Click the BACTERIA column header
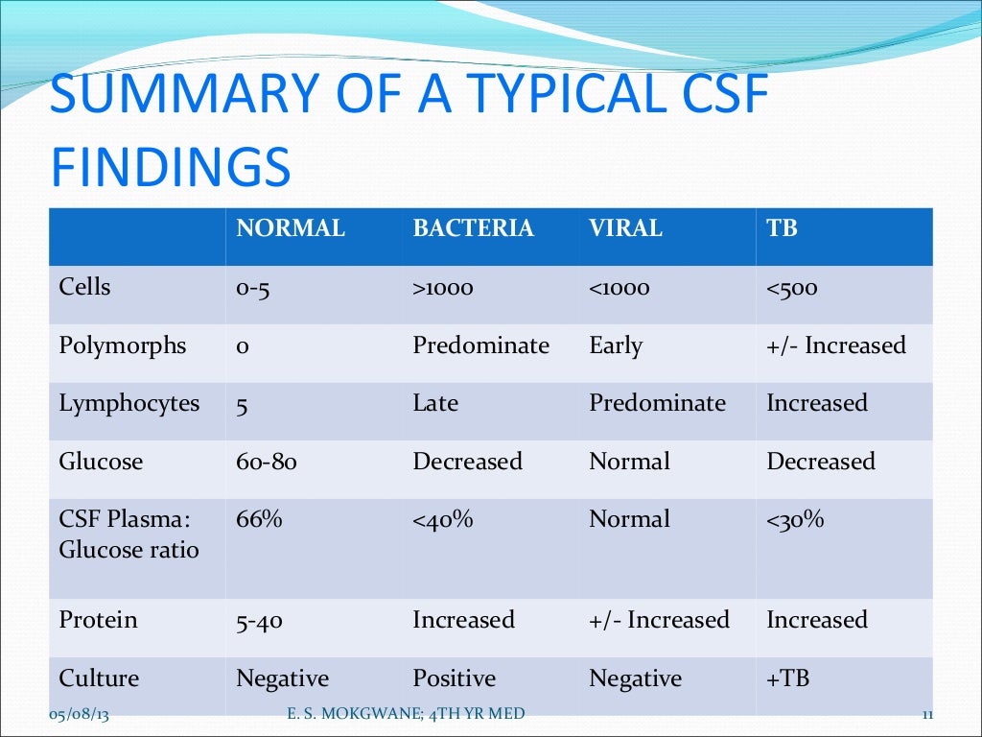tap(473, 229)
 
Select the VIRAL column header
tap(625, 229)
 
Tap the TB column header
tap(782, 229)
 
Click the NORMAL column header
tap(291, 229)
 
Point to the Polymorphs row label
tap(123, 345)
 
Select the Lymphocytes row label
tap(129, 404)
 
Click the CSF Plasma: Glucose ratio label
tap(129, 535)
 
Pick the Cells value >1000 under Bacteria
tap(443, 288)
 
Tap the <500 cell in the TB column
tap(791, 288)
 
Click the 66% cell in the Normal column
tap(259, 520)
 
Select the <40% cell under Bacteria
tap(443, 520)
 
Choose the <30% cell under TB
tap(795, 520)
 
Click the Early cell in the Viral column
tap(616, 345)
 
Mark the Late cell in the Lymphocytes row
tap(435, 404)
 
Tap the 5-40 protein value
tap(259, 621)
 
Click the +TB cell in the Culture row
tap(787, 679)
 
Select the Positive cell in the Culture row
tap(454, 679)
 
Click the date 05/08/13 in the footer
tap(78, 714)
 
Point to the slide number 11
tap(926, 714)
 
